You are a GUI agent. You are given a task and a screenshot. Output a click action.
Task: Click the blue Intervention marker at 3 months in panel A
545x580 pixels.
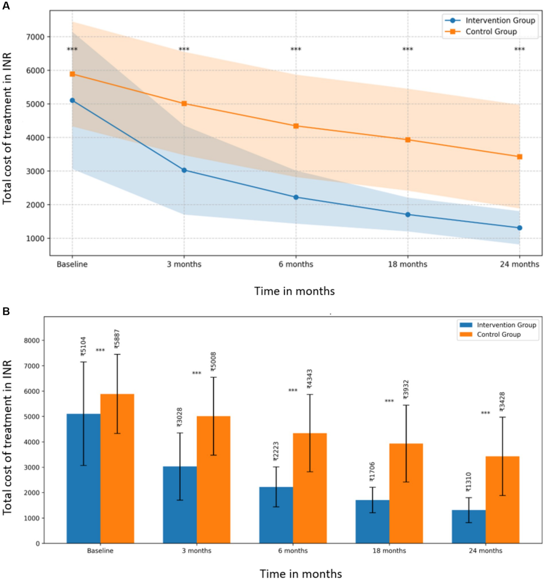pyautogui.click(x=184, y=170)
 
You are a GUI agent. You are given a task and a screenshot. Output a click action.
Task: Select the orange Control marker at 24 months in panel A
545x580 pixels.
pyautogui.click(x=520, y=157)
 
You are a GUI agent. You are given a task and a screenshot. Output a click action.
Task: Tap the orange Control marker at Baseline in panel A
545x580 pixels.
pyautogui.click(x=72, y=74)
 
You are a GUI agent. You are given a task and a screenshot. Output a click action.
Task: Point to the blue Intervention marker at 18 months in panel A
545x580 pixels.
pyautogui.click(x=408, y=214)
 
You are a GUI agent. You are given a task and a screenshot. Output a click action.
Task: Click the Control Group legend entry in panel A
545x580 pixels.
pyautogui.click(x=490, y=32)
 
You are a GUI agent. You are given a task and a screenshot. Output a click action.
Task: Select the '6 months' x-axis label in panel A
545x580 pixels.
pyautogui.click(x=296, y=264)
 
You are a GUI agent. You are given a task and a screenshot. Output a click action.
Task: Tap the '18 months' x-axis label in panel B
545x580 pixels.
pyautogui.click(x=389, y=550)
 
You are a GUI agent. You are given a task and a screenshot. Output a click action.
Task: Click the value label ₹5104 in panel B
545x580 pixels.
pyautogui.click(x=83, y=347)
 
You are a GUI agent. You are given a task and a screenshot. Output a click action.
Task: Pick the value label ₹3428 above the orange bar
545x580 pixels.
pyautogui.click(x=502, y=402)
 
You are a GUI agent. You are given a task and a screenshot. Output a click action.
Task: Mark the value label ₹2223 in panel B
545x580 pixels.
pyautogui.click(x=276, y=451)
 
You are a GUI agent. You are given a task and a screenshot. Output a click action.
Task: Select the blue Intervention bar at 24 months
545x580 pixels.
pyautogui.click(x=469, y=526)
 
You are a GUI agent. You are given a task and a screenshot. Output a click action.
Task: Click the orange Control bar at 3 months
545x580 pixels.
pyautogui.click(x=213, y=480)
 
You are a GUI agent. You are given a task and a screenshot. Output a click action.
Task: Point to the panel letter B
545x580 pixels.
pyautogui.click(x=6, y=311)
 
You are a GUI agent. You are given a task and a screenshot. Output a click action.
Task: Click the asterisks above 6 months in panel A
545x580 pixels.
pyautogui.click(x=296, y=50)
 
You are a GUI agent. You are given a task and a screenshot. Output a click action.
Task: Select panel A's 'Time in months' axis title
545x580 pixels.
pyautogui.click(x=294, y=291)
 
